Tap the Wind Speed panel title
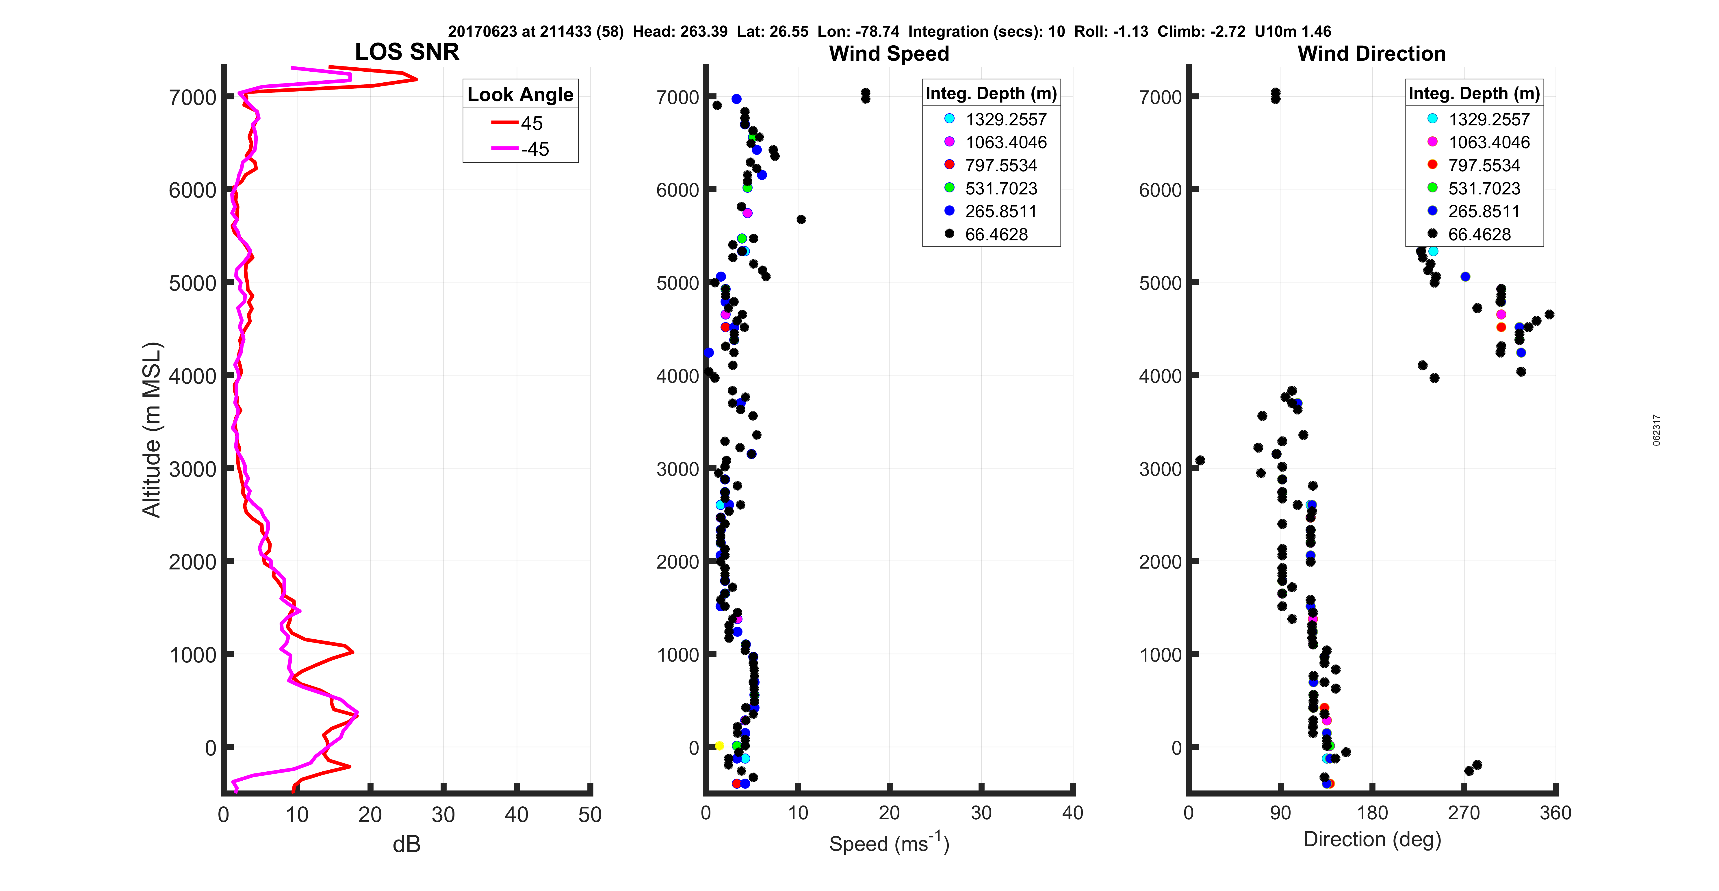coord(889,53)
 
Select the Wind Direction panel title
coord(1371,53)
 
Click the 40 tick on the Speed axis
coord(1072,813)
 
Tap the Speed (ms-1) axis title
coord(889,843)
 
